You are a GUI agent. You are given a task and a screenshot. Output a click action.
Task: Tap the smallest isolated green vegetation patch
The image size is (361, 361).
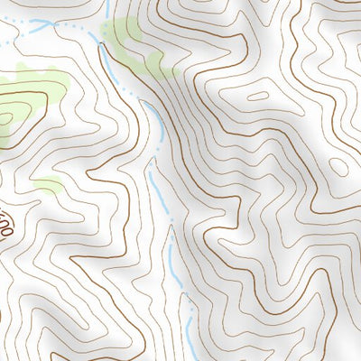coord(49,187)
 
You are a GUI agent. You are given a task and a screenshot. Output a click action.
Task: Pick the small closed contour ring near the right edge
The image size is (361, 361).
coord(338,167)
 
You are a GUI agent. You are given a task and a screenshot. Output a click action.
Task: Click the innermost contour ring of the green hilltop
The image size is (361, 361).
coord(7,116)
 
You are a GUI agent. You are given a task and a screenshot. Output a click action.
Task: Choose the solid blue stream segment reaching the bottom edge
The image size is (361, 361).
coord(190,338)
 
